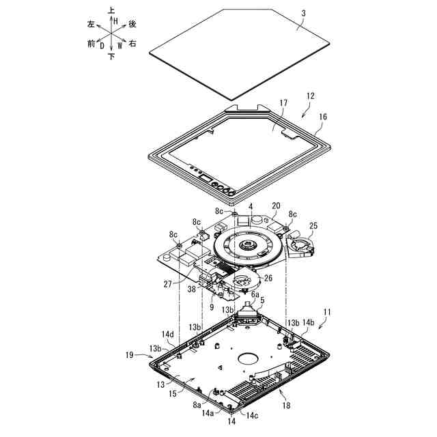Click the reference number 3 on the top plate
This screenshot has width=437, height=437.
(303, 14)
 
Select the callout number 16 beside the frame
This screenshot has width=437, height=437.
(323, 117)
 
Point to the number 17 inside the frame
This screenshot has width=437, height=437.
(283, 103)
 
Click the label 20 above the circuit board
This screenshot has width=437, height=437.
(276, 206)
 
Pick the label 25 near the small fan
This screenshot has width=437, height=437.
(313, 226)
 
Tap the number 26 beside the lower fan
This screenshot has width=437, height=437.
(268, 278)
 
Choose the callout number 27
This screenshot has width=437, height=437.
(168, 285)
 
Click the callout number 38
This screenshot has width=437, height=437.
(191, 290)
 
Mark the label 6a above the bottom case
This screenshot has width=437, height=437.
(255, 294)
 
